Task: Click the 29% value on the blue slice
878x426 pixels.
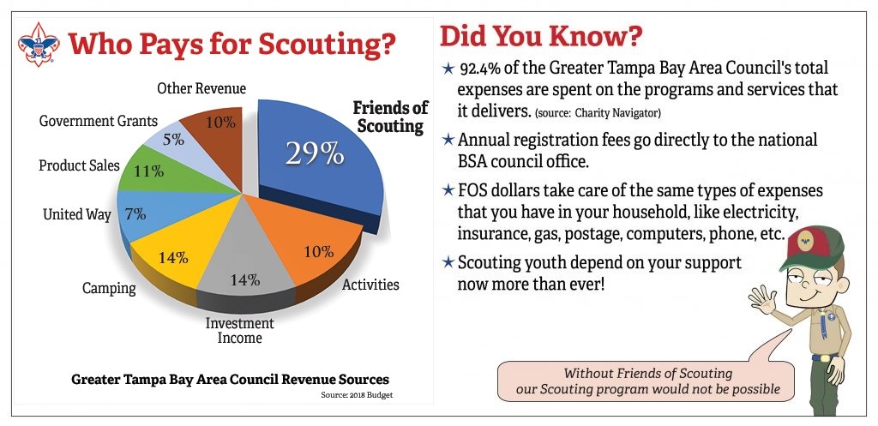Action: tap(314, 153)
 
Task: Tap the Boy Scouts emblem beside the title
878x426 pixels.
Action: tap(38, 45)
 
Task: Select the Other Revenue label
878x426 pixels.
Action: tap(201, 88)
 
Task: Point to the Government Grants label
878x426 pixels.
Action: tap(99, 120)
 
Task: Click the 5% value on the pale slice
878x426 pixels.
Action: tap(173, 140)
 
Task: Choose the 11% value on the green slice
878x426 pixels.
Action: tap(149, 171)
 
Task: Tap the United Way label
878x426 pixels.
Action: tap(77, 214)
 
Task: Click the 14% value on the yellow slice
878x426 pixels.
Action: tap(173, 258)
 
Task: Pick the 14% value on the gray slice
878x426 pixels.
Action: tap(245, 279)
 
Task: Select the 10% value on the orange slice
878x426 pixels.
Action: tap(319, 252)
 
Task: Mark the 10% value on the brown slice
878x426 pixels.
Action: tap(220, 122)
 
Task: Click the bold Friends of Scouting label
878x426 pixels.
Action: tap(390, 117)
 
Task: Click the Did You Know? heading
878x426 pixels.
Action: tap(541, 36)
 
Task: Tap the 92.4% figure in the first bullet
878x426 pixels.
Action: tap(479, 69)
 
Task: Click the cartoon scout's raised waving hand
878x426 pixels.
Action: tap(761, 300)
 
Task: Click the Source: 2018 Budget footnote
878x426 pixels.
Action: tap(357, 394)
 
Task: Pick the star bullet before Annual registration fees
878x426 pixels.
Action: tap(448, 140)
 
